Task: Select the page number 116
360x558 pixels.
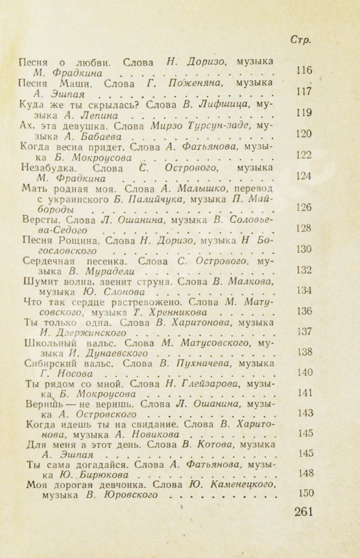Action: coord(304,71)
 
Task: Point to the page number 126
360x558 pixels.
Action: coord(304,207)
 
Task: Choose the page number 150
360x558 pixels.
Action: coord(304,493)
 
